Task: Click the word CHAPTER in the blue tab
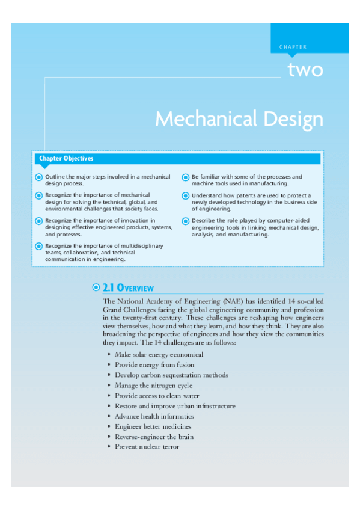pos(293,47)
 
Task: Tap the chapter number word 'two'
pos(305,70)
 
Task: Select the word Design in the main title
pos(296,118)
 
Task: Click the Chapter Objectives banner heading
pos(66,159)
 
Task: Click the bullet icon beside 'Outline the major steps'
pos(39,177)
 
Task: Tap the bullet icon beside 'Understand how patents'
pos(185,195)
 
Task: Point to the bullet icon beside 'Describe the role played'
pos(185,221)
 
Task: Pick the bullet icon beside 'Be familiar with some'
pos(185,177)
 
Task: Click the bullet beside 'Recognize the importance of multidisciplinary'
pos(39,246)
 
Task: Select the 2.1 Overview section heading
pos(129,288)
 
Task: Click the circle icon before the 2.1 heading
pos(96,288)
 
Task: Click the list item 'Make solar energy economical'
pos(159,355)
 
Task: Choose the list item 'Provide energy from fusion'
pos(154,365)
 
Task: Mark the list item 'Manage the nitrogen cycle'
pos(154,386)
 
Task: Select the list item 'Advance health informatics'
pos(154,416)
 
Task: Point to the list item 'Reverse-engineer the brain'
pos(154,437)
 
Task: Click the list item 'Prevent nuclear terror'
pos(147,447)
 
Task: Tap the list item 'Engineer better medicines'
pos(153,426)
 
